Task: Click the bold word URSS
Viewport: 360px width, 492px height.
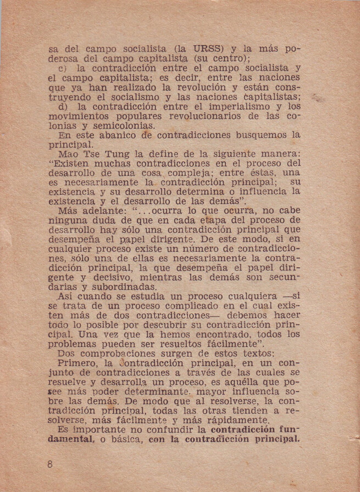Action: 218,48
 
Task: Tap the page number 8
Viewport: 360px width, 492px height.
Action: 50,465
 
